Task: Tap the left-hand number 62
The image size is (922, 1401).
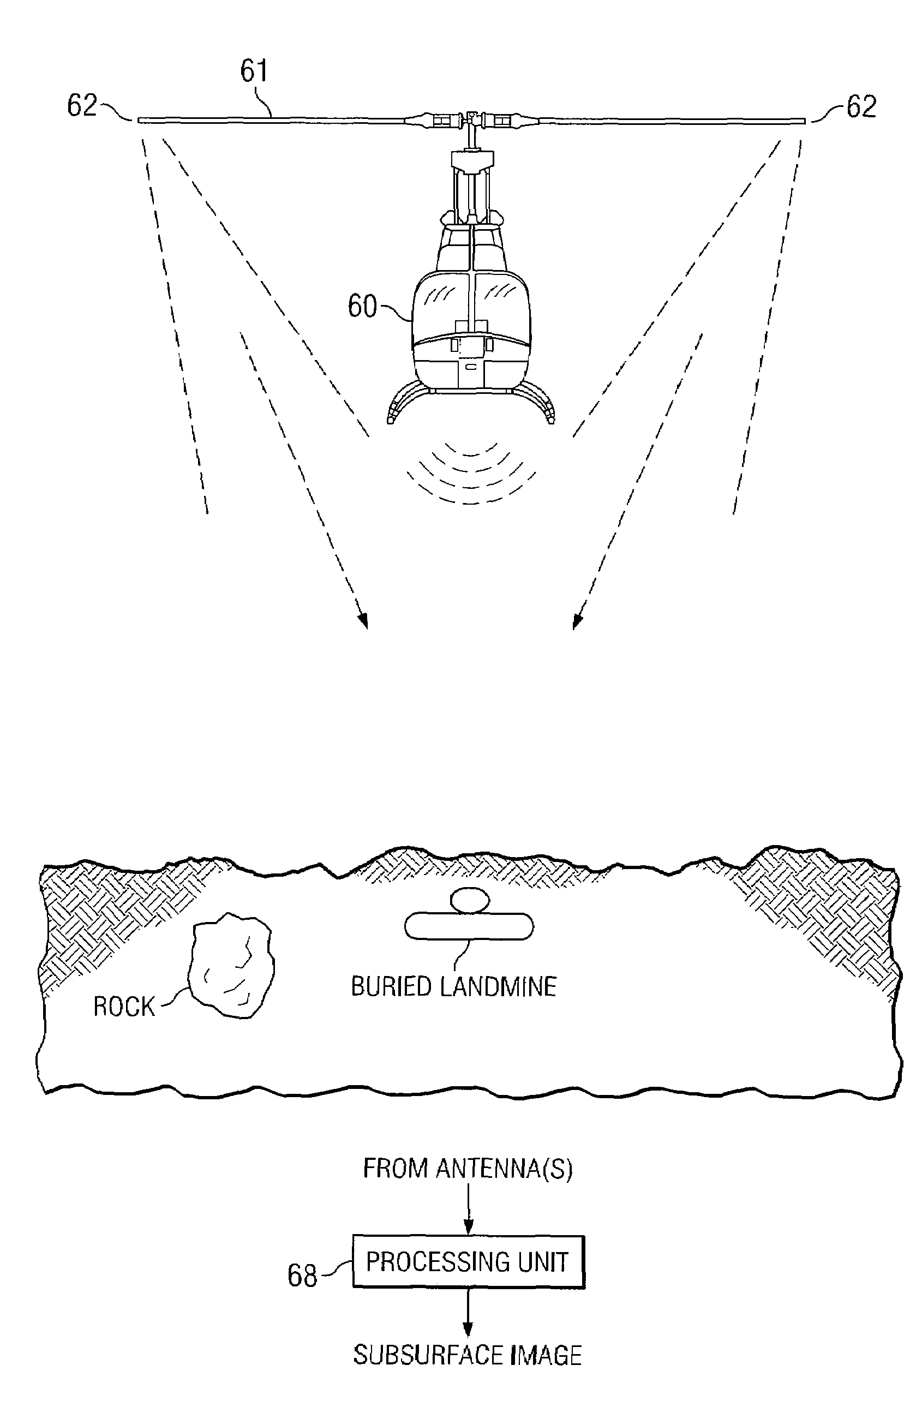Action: click(82, 105)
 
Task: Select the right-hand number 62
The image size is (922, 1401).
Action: click(861, 106)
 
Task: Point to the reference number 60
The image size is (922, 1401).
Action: click(362, 306)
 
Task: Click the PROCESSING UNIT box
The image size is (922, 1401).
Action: click(468, 1262)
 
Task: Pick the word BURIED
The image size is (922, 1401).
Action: click(392, 986)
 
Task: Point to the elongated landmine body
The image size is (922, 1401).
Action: click(469, 926)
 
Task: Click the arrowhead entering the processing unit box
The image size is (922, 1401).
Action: click(469, 1226)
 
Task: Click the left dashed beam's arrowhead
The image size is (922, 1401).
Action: click(363, 621)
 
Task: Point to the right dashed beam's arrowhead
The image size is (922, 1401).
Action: click(578, 621)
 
